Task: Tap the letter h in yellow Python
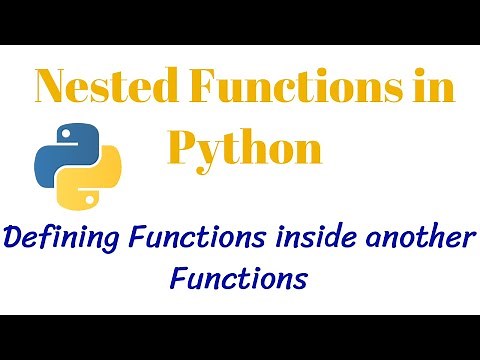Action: point(255,148)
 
